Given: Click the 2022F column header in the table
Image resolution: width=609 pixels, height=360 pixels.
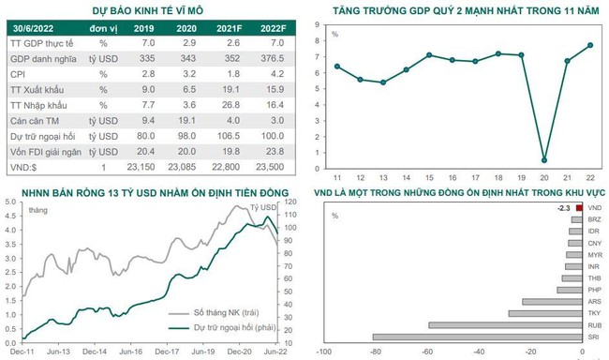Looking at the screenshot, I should pyautogui.click(x=273, y=29).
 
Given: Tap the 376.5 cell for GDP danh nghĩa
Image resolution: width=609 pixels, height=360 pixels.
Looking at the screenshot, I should pyautogui.click(x=273, y=57).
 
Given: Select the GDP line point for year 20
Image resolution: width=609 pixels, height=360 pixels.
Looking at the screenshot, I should pyautogui.click(x=544, y=160).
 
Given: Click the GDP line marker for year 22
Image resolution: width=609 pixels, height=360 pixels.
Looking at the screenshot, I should pyautogui.click(x=589, y=45).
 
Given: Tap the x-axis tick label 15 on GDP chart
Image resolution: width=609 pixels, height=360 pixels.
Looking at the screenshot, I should pyautogui.click(x=427, y=176).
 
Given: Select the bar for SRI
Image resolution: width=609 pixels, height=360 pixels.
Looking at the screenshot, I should pyautogui.click(x=477, y=336).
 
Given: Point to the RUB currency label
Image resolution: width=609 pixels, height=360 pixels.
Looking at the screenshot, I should pyautogui.click(x=594, y=324).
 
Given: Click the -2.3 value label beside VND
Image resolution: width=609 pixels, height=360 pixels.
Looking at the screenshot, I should pyautogui.click(x=563, y=207).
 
